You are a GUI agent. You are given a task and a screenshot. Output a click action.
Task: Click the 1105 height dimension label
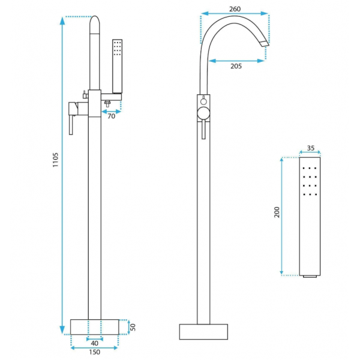[56, 160]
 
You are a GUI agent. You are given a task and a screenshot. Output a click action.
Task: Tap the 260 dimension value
[235, 9]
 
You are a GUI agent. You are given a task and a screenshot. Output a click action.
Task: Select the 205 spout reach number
[236, 66]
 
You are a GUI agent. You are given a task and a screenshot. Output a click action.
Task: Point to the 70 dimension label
[112, 116]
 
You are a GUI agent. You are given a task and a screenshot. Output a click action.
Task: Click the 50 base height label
[133, 327]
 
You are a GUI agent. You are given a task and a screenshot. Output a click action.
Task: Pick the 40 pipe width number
[95, 343]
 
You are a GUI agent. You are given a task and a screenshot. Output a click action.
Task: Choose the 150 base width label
[95, 352]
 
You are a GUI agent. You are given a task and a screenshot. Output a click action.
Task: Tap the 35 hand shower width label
[310, 148]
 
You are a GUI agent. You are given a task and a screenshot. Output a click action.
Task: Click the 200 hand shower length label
[277, 212]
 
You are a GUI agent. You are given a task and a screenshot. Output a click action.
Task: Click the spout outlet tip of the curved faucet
[264, 44]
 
